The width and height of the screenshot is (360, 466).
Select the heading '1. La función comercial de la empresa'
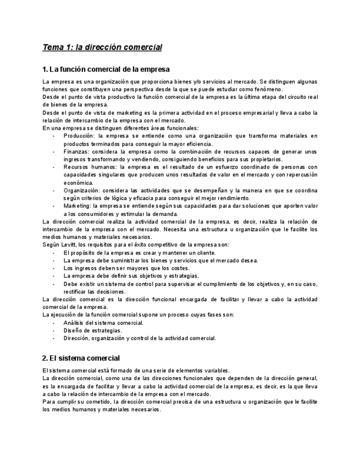106,69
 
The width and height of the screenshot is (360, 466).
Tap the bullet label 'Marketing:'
78,206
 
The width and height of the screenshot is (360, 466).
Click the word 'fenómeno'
269,89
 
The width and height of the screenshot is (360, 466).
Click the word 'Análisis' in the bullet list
74,323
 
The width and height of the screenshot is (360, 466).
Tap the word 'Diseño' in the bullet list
73,331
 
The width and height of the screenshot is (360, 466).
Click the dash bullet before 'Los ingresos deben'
54,268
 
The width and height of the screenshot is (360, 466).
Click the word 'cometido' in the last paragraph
87,402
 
